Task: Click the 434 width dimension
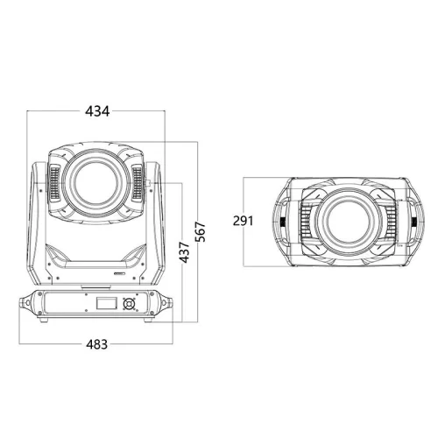coord(97,111)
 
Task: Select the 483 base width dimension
coord(97,344)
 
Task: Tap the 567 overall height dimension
coord(201,232)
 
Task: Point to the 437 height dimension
coord(185,252)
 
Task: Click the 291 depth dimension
coord(243,221)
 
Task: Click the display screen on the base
coord(107,303)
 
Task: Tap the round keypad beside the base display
coord(129,304)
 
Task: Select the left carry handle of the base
coord(26,302)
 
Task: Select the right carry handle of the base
coord(166,302)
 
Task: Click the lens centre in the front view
coord(95,182)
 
